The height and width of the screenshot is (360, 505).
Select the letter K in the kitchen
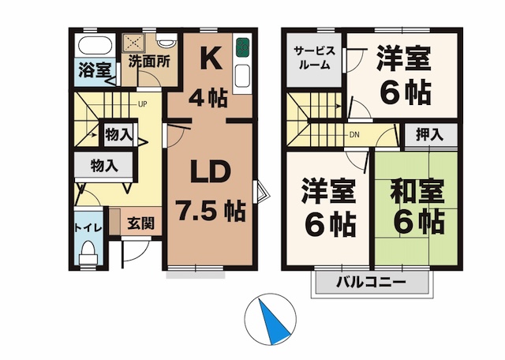(209, 58)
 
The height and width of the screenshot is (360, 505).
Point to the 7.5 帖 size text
(210, 212)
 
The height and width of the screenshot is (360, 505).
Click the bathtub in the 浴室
(95, 44)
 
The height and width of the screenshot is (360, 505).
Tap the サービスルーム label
(315, 58)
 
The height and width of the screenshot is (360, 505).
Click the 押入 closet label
(430, 134)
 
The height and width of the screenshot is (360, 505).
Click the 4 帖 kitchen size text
(209, 98)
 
